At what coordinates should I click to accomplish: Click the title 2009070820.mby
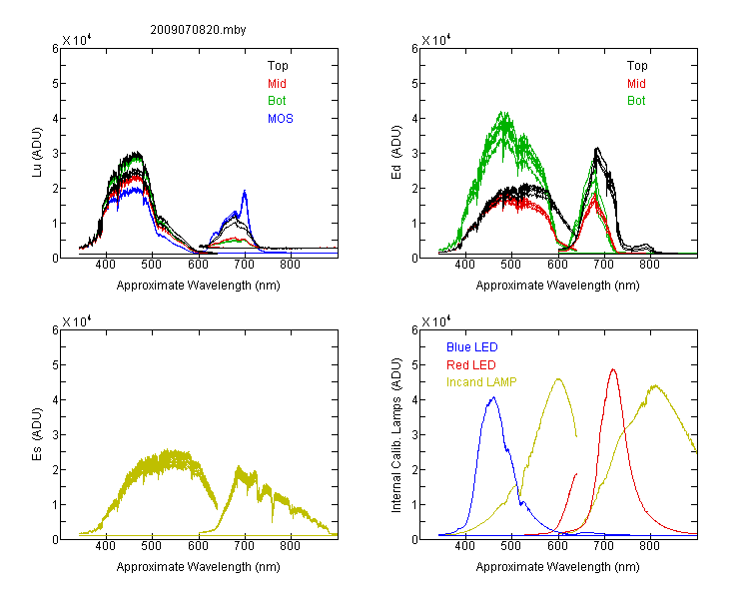198,30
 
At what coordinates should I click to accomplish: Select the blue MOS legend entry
281,119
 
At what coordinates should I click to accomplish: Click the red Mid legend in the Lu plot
277,84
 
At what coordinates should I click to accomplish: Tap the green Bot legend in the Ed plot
636,101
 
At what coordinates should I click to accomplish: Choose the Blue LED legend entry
472,347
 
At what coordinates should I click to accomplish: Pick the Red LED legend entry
471,365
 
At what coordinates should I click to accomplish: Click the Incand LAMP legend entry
481,382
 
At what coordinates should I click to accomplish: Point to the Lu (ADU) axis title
37,152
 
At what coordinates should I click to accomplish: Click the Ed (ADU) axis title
396,152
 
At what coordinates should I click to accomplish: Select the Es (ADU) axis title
37,433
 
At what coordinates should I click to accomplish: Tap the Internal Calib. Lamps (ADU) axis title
396,435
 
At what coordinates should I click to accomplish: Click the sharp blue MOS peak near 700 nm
245,191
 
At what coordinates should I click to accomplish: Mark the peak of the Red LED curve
613,369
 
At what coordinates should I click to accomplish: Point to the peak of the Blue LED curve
493,397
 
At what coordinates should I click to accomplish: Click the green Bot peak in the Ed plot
503,113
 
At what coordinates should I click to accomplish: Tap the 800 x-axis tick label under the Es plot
290,545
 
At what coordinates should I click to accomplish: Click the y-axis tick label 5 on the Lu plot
55,84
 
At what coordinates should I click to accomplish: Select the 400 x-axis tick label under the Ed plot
464,265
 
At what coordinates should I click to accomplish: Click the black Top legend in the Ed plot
637,66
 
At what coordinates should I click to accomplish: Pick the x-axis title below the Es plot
199,567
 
